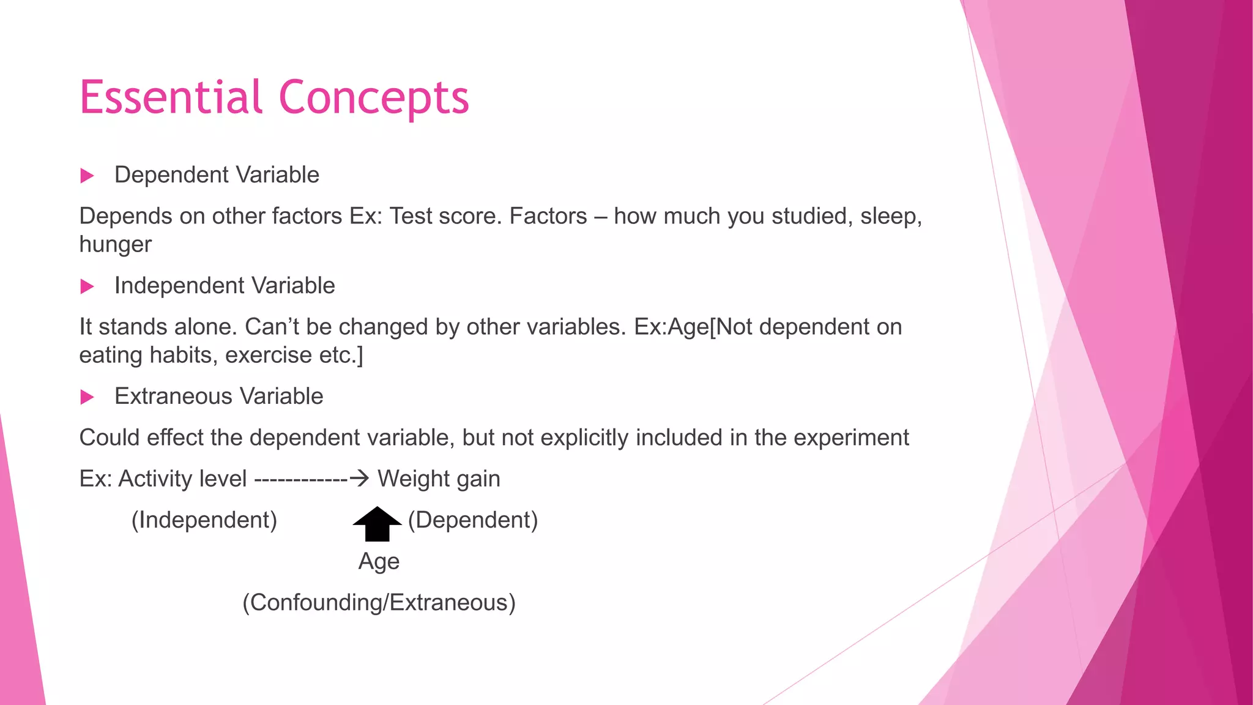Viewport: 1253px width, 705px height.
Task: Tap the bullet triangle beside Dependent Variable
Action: [87, 176]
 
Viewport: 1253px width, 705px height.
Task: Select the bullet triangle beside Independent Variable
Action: [87, 286]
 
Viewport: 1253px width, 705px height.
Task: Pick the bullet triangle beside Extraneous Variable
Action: [87, 397]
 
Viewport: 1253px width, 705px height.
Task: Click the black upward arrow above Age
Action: [377, 524]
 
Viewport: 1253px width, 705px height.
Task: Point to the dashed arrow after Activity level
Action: [311, 479]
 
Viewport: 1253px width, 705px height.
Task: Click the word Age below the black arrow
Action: [379, 562]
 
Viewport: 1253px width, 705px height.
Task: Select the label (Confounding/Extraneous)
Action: [379, 603]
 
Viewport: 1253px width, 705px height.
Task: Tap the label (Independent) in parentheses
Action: [204, 520]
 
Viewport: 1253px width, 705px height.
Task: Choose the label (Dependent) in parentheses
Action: [473, 520]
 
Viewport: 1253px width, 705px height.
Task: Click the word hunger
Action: [116, 244]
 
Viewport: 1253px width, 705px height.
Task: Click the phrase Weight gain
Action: [439, 479]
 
